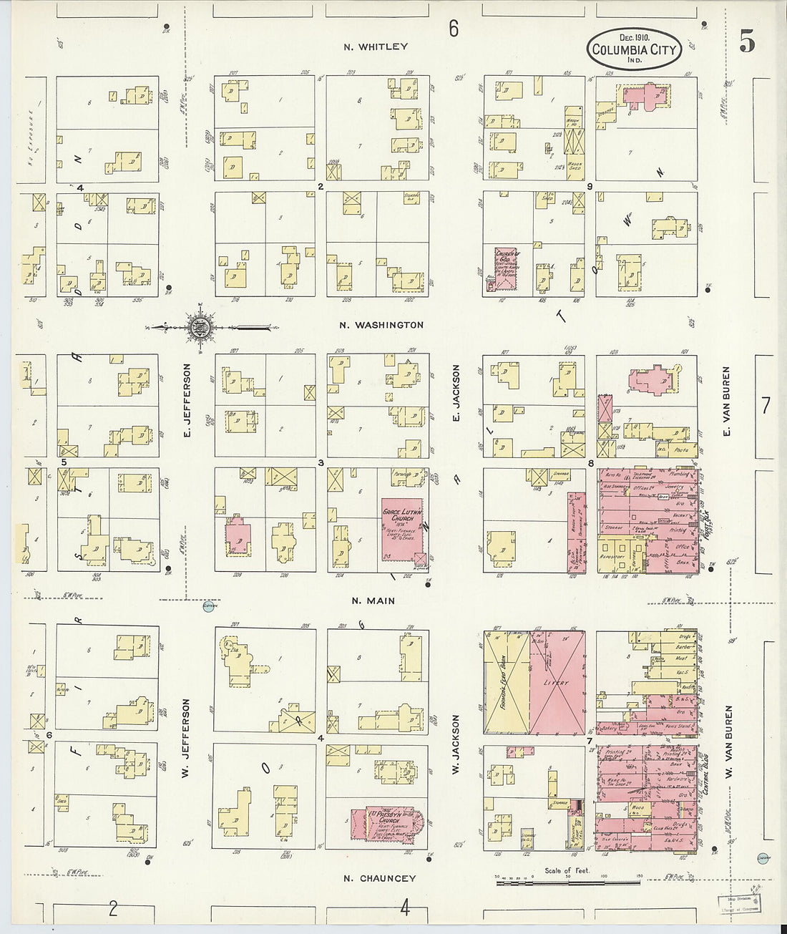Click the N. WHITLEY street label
[375, 47]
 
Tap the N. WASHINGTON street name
[381, 325]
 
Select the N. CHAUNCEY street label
[379, 878]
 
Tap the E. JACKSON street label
[455, 397]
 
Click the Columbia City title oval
[635, 48]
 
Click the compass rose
[198, 328]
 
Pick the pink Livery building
[557, 683]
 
